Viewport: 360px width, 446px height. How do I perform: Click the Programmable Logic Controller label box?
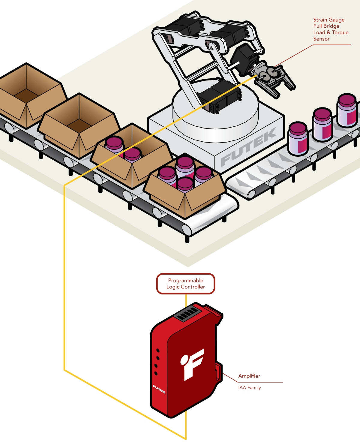click(x=186, y=284)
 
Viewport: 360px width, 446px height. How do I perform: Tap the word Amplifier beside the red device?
click(x=249, y=376)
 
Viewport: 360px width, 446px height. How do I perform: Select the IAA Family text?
click(x=249, y=388)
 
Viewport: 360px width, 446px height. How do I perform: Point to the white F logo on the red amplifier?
click(x=192, y=364)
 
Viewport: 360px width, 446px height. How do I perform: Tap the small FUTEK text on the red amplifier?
click(x=159, y=389)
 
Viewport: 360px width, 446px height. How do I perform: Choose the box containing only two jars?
click(x=130, y=158)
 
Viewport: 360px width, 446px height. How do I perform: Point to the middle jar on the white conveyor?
click(x=322, y=125)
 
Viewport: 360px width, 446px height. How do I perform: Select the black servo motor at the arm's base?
click(x=219, y=96)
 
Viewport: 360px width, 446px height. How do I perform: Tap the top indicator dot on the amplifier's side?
click(x=158, y=351)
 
